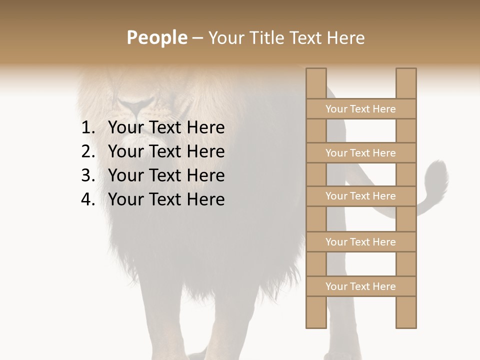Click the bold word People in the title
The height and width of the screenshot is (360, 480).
pyautogui.click(x=156, y=37)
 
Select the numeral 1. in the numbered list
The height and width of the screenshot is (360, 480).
pyautogui.click(x=88, y=128)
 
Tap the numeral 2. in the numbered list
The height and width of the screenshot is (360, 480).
pyautogui.click(x=88, y=151)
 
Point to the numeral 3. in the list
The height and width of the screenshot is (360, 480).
pyautogui.click(x=88, y=175)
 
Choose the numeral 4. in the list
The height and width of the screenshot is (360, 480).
pyautogui.click(x=88, y=199)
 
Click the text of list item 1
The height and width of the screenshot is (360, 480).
pyautogui.click(x=166, y=128)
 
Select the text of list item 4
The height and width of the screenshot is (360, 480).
pyautogui.click(x=166, y=199)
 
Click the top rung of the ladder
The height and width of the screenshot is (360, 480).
pyautogui.click(x=360, y=109)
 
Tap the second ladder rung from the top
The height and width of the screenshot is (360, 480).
pyautogui.click(x=360, y=153)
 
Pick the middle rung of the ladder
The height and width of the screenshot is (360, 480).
pyautogui.click(x=360, y=196)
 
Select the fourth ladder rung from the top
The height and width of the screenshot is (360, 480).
pyautogui.click(x=360, y=242)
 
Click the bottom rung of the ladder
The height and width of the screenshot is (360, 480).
pyautogui.click(x=360, y=286)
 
